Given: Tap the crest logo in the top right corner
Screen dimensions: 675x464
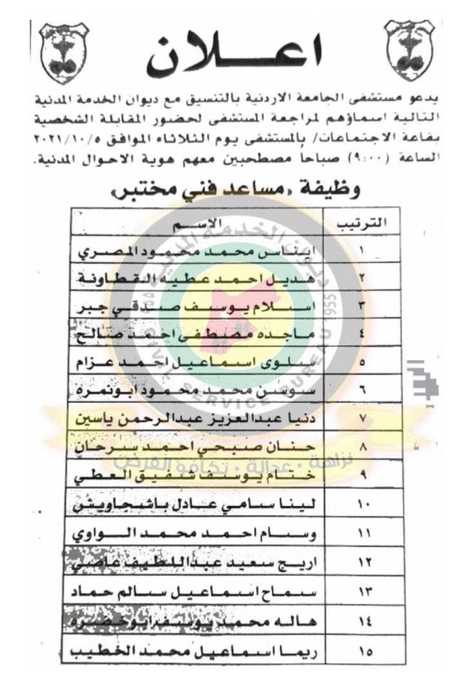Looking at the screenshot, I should click(x=410, y=52).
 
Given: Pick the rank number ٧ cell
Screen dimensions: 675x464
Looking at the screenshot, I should click(x=362, y=418).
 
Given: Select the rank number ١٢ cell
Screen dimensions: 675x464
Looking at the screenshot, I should click(x=362, y=563).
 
